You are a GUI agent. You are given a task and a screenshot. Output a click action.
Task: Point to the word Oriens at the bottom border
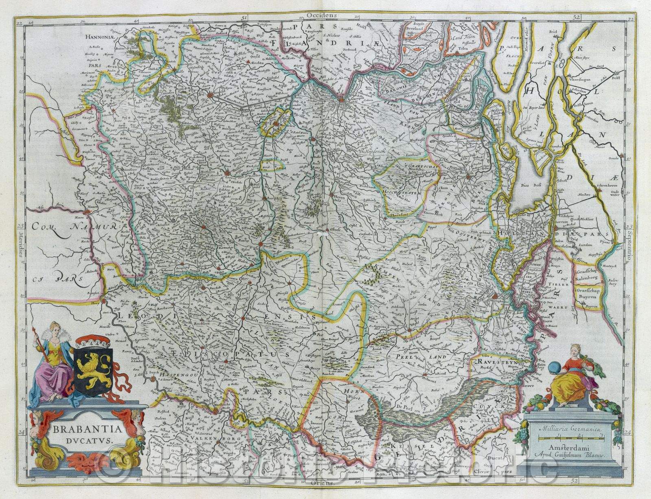click(321, 482)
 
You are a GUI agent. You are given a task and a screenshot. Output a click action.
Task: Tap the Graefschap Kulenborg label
click(586, 276)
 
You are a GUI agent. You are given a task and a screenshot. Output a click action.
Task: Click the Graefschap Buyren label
click(586, 295)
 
